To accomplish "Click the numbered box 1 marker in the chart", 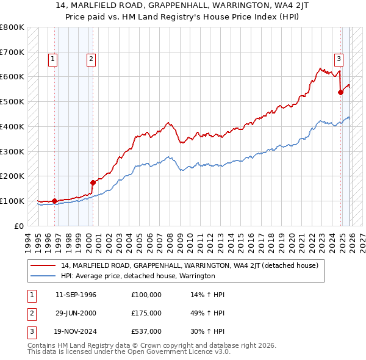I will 53,59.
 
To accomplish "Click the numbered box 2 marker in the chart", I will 90,59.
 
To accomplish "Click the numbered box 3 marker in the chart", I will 338,59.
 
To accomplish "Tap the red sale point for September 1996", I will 54,200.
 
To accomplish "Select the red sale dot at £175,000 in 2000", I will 93,182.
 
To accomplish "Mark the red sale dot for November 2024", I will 340,92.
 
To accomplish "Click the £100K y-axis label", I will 12,201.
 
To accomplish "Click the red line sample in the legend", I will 43,265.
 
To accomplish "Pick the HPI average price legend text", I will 138,276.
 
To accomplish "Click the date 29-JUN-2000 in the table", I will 76,313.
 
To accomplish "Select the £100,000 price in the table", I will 146,295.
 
